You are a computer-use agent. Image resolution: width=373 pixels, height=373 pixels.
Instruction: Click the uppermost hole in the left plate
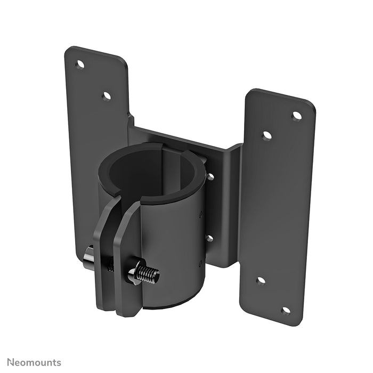[80, 64]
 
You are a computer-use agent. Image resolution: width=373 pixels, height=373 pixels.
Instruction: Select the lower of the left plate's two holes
[107, 96]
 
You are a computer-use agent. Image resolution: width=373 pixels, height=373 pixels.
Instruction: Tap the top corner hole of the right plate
[297, 116]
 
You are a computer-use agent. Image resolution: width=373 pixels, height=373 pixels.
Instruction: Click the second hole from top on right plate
[267, 135]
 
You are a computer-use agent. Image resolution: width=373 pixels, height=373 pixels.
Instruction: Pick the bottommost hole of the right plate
[286, 310]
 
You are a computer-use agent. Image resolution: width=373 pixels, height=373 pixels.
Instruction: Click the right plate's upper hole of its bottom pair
[261, 280]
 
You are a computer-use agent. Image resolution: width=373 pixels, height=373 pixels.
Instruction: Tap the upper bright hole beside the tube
[210, 176]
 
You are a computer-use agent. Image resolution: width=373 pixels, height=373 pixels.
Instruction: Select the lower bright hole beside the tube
[210, 238]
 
